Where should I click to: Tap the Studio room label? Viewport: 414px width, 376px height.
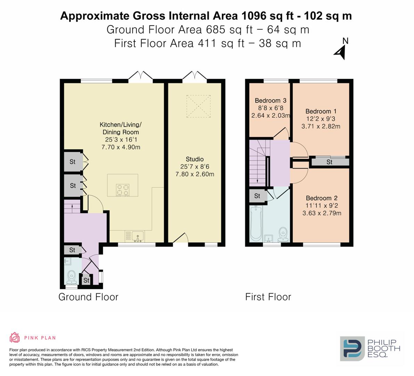[195, 159]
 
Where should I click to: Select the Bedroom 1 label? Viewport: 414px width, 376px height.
[320, 111]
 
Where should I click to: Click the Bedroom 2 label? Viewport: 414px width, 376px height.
[322, 198]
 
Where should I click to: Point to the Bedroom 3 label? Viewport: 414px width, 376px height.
[270, 101]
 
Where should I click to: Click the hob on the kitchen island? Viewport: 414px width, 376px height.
[123, 190]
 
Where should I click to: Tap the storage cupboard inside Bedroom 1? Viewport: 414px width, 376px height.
[329, 162]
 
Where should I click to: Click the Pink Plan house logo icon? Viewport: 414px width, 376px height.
[15, 337]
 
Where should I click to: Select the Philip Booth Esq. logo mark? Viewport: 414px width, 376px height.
[352, 348]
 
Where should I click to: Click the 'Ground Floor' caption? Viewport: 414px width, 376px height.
[88, 297]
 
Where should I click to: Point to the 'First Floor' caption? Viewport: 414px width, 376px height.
[268, 297]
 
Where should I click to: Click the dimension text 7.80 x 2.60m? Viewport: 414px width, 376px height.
[195, 174]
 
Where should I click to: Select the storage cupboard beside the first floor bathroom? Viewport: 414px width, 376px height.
[257, 196]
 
